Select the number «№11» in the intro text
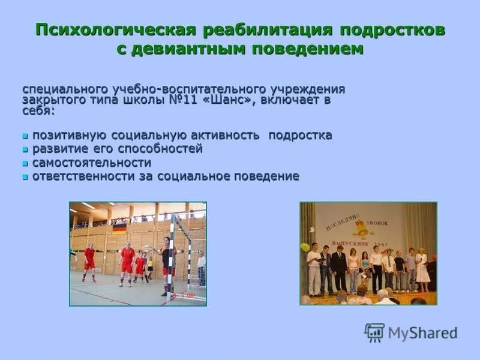(x=185, y=100)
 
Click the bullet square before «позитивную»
(x=25, y=136)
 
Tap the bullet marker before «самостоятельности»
(x=25, y=163)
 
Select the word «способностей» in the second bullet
(x=166, y=149)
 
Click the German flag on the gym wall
(x=119, y=228)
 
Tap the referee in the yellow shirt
(x=150, y=266)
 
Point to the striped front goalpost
(x=172, y=258)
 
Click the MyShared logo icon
(x=374, y=332)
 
